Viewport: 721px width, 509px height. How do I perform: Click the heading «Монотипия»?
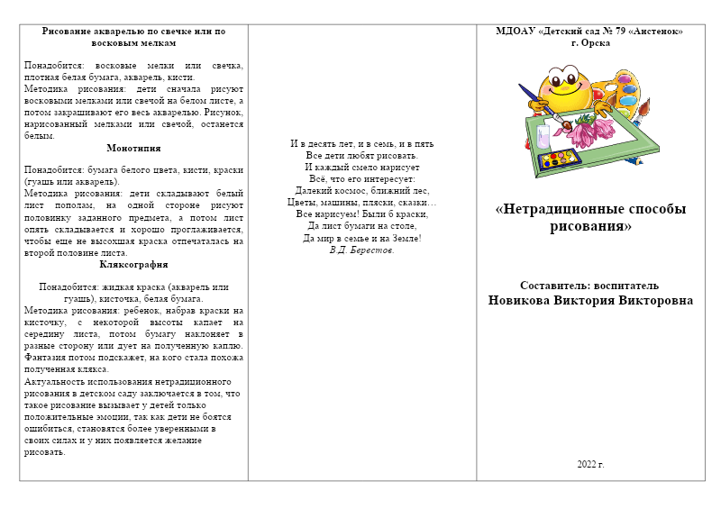pyautogui.click(x=133, y=148)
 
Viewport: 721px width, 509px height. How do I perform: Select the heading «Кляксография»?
pyautogui.click(x=133, y=265)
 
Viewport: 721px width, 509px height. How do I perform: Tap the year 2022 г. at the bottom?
pyautogui.click(x=590, y=464)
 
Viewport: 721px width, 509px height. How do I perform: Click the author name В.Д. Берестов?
pyautogui.click(x=362, y=250)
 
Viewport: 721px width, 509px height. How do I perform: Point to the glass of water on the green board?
pyautogui.click(x=543, y=136)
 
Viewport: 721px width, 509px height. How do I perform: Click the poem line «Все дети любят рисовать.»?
pyautogui.click(x=361, y=155)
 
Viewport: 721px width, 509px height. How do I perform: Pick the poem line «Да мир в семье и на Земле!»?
pyautogui.click(x=361, y=238)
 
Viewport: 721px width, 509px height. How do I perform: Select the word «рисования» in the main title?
pyautogui.click(x=590, y=226)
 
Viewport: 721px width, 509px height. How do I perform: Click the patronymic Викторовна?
pyautogui.click(x=654, y=300)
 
